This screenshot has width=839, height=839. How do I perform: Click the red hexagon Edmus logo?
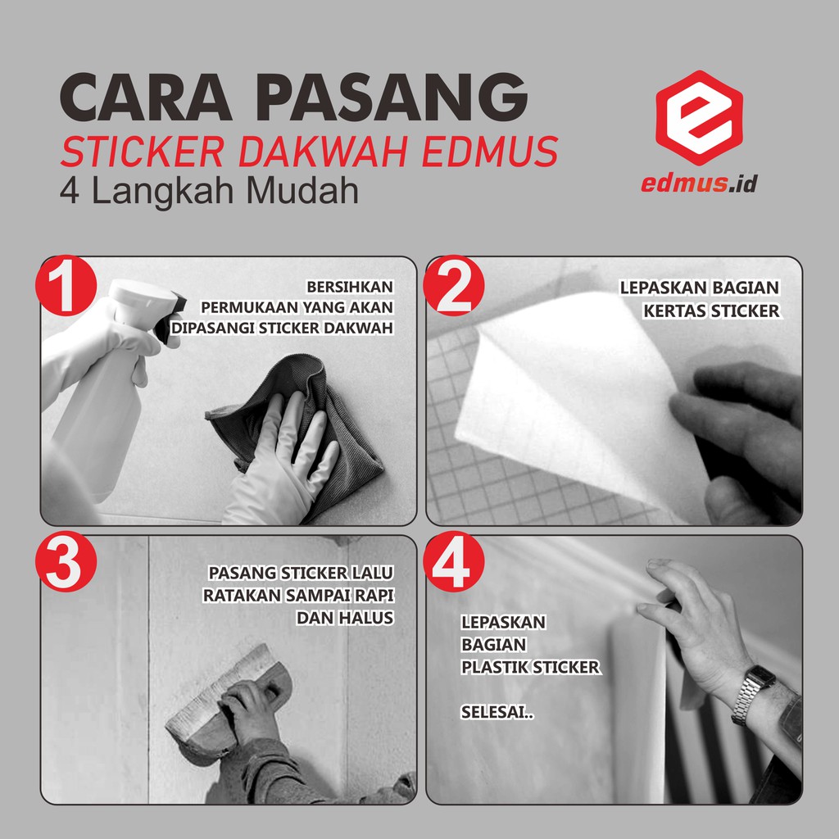699,118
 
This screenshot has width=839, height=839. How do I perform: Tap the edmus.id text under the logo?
699,184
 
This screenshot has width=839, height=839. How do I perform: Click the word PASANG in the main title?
392,98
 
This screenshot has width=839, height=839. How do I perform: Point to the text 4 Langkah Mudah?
209,191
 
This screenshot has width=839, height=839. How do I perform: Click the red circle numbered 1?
66,285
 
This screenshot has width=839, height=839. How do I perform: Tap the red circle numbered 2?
453,285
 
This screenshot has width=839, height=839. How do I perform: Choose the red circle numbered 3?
66,561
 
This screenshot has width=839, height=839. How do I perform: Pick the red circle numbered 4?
453,561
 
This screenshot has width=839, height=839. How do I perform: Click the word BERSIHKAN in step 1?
350,288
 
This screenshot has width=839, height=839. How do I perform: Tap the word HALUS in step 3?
370,618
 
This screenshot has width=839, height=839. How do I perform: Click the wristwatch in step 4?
754,694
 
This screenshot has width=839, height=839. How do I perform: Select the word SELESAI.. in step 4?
497,712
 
